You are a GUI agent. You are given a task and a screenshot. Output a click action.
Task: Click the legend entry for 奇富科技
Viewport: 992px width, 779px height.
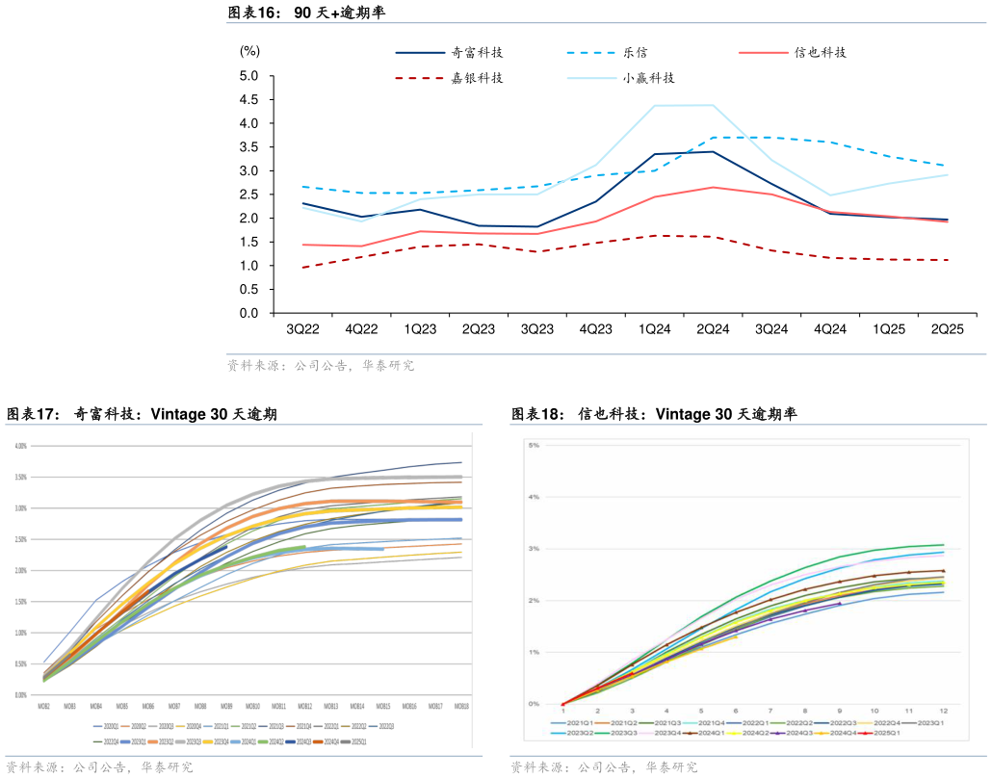(x=477, y=53)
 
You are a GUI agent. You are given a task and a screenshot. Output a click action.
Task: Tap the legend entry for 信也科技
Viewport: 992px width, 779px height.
(x=820, y=53)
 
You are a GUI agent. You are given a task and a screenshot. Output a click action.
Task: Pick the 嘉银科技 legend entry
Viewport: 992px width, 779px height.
(x=477, y=78)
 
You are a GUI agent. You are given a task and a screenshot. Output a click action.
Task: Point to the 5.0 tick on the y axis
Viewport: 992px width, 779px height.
(x=249, y=76)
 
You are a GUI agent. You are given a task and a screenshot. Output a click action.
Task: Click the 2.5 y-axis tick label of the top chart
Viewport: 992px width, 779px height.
(x=249, y=195)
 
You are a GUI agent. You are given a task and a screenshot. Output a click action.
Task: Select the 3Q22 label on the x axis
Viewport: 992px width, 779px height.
(x=303, y=328)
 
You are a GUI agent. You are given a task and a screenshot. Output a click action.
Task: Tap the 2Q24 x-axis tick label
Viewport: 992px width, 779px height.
(x=713, y=328)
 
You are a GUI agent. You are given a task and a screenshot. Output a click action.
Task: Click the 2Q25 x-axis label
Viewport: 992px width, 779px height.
(x=947, y=328)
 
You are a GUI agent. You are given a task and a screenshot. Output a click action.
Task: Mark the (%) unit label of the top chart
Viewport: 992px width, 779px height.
(x=249, y=51)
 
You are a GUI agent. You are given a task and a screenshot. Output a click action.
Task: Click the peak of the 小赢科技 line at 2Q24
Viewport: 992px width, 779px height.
(x=713, y=105)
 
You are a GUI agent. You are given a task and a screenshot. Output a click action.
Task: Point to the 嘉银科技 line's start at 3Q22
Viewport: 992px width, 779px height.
(x=303, y=267)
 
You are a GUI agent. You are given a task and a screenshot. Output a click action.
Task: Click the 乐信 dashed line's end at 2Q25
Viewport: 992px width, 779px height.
(x=947, y=166)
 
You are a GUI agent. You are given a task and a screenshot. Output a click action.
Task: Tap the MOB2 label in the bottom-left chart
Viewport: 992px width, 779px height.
(x=44, y=706)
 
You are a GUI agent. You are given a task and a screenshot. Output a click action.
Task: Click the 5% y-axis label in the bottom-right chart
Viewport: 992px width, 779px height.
(x=533, y=446)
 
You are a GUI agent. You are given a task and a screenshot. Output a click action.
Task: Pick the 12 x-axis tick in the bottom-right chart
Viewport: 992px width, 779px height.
(x=943, y=711)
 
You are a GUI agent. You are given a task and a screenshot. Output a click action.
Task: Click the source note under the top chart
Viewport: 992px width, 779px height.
(x=321, y=366)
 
